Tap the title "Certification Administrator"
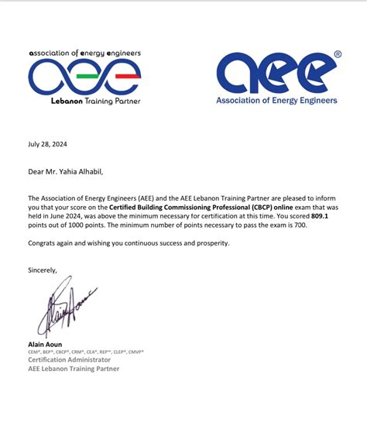(x=70, y=359)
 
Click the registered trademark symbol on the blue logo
(x=338, y=55)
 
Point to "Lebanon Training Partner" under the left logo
(x=85, y=101)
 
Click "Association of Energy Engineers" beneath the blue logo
(x=276, y=101)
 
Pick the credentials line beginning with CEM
(x=85, y=352)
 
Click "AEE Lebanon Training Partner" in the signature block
(x=74, y=369)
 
